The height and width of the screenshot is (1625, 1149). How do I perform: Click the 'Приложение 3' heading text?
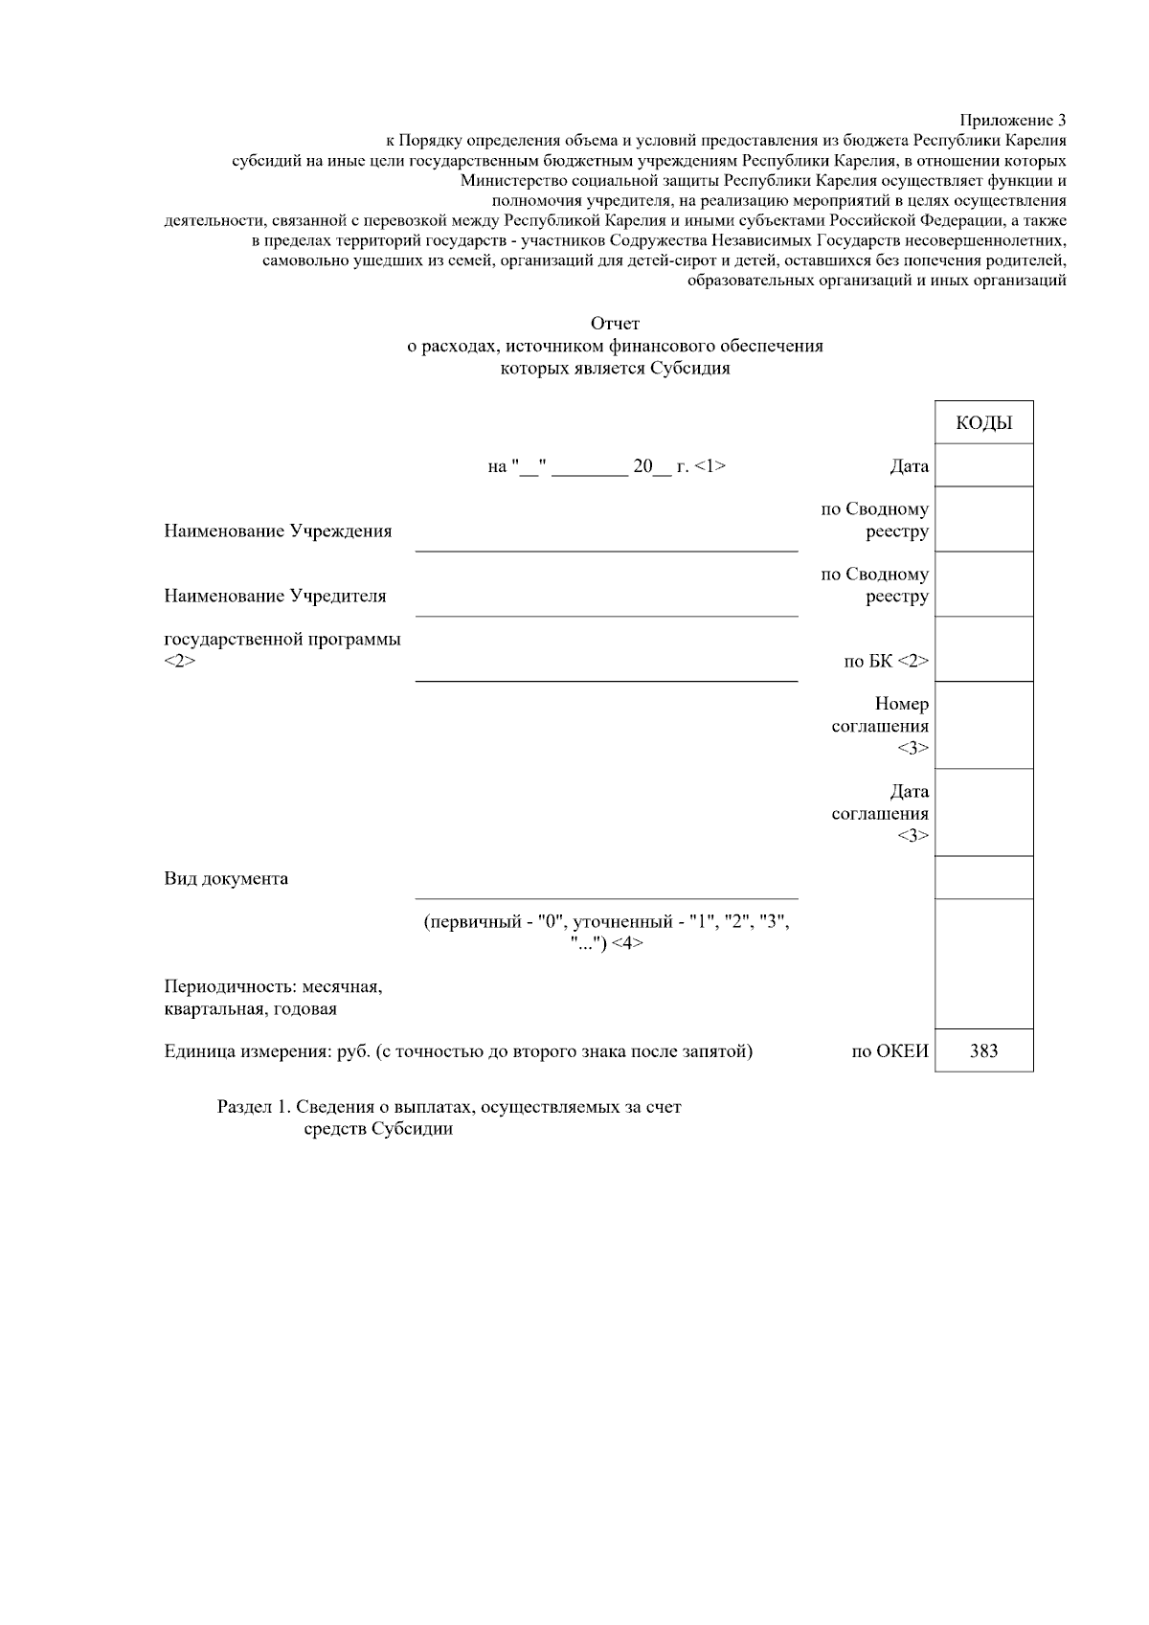click(x=1013, y=121)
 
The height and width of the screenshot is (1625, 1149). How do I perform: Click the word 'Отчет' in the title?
click(x=615, y=324)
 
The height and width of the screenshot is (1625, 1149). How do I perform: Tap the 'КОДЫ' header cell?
click(x=983, y=423)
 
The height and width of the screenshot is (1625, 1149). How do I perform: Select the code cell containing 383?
click(x=983, y=1050)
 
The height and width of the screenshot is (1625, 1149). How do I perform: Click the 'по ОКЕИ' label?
click(x=890, y=1051)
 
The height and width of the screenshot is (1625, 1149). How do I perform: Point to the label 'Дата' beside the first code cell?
click(x=909, y=466)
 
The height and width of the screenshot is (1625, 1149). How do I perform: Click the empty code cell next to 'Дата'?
click(x=983, y=465)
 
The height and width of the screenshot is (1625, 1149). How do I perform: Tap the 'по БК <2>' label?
click(x=886, y=661)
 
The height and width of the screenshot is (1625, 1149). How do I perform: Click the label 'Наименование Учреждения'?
click(x=278, y=531)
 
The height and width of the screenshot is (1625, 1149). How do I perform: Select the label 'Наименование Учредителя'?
click(x=275, y=596)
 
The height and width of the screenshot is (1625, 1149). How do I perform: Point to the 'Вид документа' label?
click(x=226, y=878)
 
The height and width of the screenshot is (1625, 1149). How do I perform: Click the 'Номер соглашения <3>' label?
click(x=881, y=726)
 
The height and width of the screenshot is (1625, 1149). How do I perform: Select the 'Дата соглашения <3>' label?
click(x=881, y=813)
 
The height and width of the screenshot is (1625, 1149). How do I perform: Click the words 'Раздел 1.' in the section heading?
click(x=254, y=1107)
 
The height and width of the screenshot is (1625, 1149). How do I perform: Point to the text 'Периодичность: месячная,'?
click(x=273, y=986)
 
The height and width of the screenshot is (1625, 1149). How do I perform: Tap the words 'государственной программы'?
click(x=282, y=639)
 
